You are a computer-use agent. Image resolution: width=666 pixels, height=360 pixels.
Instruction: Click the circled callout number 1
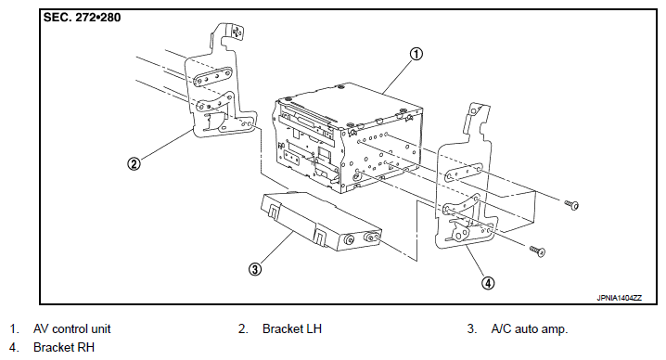(x=416, y=54)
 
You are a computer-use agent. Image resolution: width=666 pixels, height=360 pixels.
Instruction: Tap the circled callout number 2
(x=134, y=163)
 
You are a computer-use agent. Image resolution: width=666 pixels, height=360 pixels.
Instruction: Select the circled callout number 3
(x=255, y=269)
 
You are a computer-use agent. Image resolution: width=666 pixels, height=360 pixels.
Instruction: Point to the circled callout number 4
(x=488, y=283)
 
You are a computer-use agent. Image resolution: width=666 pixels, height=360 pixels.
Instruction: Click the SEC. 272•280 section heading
(x=82, y=18)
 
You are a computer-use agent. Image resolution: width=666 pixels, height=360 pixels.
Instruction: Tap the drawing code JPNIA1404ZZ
(x=619, y=298)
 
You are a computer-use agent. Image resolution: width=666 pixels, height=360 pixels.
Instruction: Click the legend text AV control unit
(x=71, y=328)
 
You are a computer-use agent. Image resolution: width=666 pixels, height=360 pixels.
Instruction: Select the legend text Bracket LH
(x=292, y=328)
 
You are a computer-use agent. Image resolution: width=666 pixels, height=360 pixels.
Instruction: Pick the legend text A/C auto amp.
(x=530, y=328)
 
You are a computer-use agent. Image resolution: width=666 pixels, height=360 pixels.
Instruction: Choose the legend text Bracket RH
(x=64, y=347)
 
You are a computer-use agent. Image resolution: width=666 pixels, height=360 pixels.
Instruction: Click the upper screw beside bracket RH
(x=571, y=205)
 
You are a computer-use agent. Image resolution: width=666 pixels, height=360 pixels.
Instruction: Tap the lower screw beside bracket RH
(x=537, y=251)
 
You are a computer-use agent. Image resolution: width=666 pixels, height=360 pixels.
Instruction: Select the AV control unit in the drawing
(x=348, y=138)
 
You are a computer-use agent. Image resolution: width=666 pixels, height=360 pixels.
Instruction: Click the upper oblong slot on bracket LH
(x=213, y=77)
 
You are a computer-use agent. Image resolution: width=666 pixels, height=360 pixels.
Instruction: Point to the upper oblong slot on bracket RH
(x=464, y=173)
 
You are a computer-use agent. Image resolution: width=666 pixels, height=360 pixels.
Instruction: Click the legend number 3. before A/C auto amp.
(x=472, y=328)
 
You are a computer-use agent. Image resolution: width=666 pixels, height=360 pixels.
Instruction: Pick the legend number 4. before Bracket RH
(x=14, y=347)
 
